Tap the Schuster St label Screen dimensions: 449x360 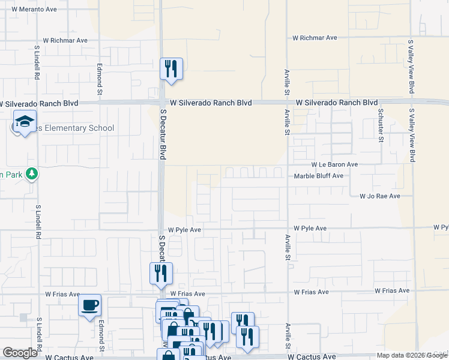[381, 122]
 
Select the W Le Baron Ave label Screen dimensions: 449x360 [334, 164]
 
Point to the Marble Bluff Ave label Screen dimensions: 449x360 [318, 176]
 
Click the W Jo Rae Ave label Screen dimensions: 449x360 [379, 196]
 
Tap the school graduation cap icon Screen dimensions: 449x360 [25, 123]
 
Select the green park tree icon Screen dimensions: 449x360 [32, 174]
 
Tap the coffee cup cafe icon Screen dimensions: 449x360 [90, 305]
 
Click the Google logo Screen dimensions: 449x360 [20, 353]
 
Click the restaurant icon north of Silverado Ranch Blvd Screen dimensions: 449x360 [171, 68]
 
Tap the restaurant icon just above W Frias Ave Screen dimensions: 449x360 [161, 274]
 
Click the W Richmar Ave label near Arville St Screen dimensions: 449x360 [315, 38]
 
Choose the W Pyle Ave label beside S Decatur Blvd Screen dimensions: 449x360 [184, 230]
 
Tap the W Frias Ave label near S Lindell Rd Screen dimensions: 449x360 [62, 295]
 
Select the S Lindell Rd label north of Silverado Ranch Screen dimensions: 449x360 [37, 65]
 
